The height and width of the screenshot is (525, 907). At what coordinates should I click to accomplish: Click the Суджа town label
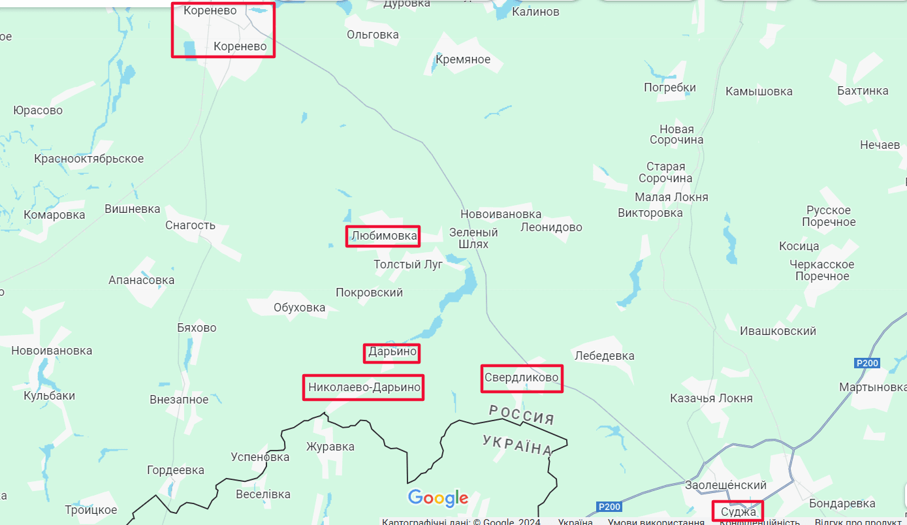pyautogui.click(x=738, y=511)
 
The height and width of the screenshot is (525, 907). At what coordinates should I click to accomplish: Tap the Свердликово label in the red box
pyautogui.click(x=521, y=377)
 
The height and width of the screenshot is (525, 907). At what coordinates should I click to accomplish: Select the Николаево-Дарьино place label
pyautogui.click(x=364, y=387)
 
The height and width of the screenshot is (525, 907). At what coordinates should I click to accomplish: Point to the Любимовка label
pyautogui.click(x=383, y=236)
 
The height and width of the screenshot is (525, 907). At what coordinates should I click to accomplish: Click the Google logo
pyautogui.click(x=438, y=498)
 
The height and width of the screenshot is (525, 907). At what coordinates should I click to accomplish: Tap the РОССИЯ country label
pyautogui.click(x=522, y=414)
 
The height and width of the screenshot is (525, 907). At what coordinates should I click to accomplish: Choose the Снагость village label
pyautogui.click(x=190, y=225)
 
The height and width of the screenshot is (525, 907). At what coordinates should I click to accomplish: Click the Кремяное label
pyautogui.click(x=462, y=59)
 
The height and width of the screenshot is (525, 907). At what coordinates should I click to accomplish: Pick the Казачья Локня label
pyautogui.click(x=711, y=398)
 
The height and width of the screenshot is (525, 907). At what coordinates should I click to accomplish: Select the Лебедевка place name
pyautogui.click(x=604, y=356)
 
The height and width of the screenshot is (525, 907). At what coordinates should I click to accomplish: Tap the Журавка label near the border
pyautogui.click(x=330, y=447)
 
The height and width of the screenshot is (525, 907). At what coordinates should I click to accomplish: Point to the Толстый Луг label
pyautogui.click(x=408, y=264)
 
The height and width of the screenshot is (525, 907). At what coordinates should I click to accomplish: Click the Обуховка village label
pyautogui.click(x=299, y=308)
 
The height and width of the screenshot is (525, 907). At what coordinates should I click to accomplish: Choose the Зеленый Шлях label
pyautogui.click(x=473, y=238)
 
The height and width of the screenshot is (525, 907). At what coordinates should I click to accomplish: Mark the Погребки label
pyautogui.click(x=669, y=87)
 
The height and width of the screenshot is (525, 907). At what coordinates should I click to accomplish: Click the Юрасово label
pyautogui.click(x=38, y=110)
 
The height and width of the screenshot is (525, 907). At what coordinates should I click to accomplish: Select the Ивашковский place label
pyautogui.click(x=778, y=331)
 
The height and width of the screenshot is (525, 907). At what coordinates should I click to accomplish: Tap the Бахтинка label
pyautogui.click(x=863, y=91)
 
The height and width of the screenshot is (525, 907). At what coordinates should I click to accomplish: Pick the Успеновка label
pyautogui.click(x=260, y=456)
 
